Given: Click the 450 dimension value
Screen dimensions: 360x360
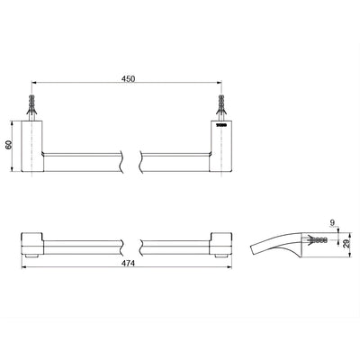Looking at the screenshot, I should tap(128, 79).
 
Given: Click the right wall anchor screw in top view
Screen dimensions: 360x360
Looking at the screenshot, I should tap(219, 103).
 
